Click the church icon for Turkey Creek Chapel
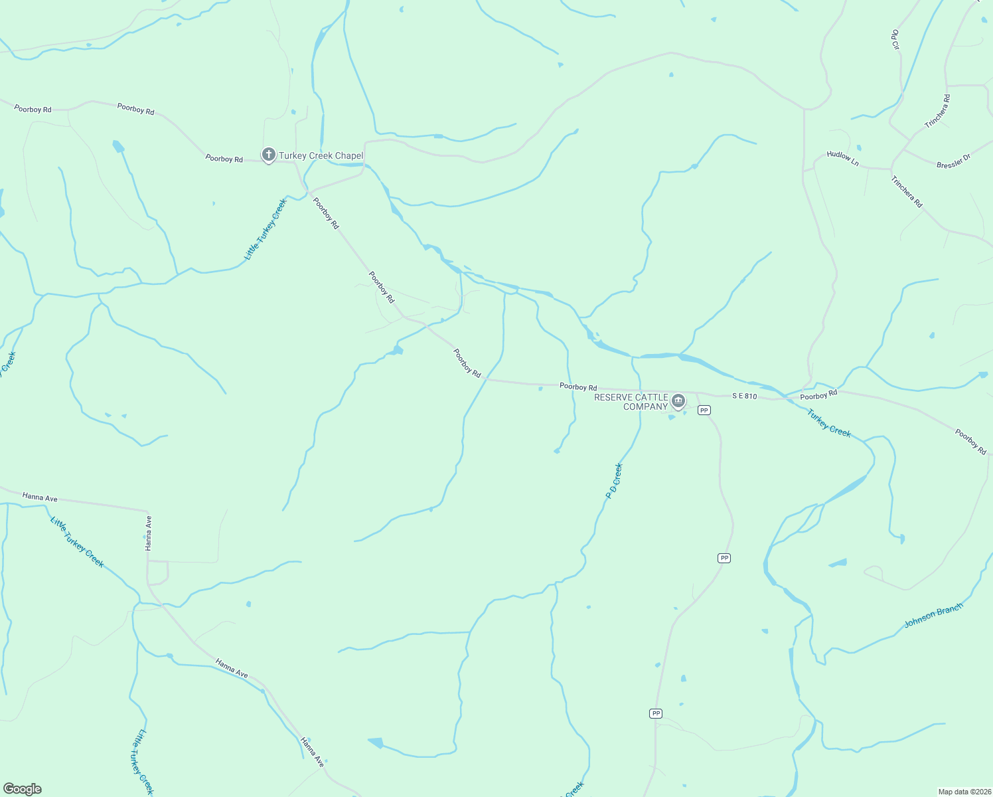(x=268, y=155)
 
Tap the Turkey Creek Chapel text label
(x=321, y=156)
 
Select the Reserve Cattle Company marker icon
(x=678, y=400)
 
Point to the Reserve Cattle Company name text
(x=631, y=402)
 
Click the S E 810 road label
(x=744, y=396)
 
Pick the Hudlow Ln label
(x=842, y=158)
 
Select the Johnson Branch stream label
(x=933, y=616)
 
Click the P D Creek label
(x=614, y=481)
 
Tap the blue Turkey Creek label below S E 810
(x=828, y=423)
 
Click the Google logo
(x=23, y=789)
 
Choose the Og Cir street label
(x=895, y=40)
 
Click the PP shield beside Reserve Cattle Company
(x=704, y=410)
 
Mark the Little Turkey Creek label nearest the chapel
(x=265, y=229)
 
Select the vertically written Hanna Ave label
(x=149, y=533)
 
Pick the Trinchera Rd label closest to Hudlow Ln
(x=907, y=192)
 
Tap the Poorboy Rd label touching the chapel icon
(x=224, y=159)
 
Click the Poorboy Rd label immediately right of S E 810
(x=818, y=396)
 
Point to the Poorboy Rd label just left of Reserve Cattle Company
(x=577, y=387)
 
